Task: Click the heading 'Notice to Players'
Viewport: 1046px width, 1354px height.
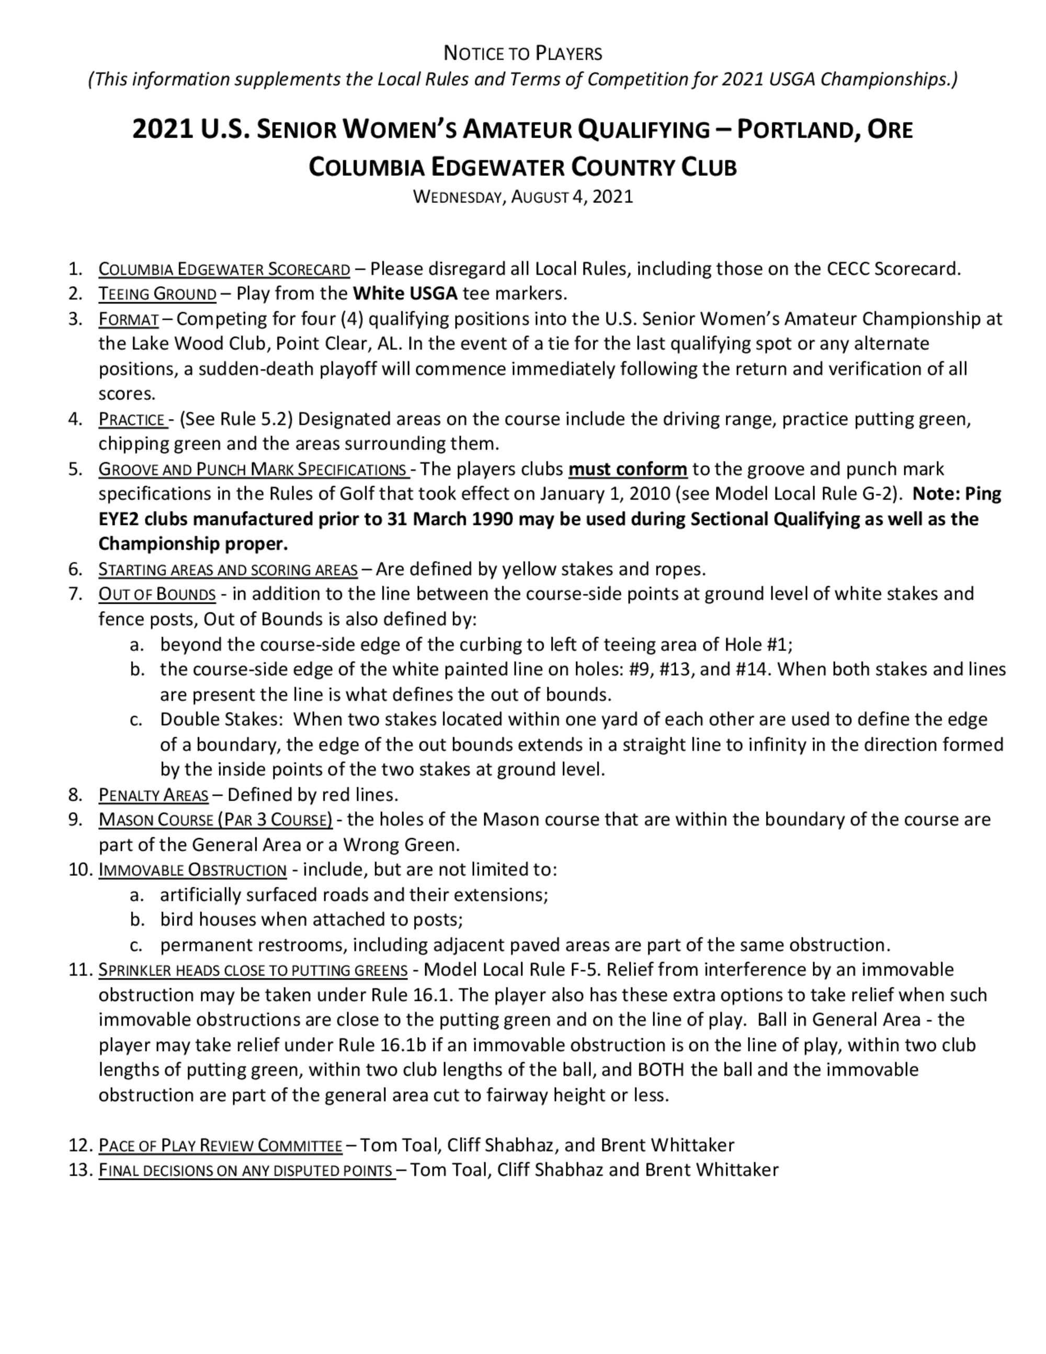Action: pos(522,54)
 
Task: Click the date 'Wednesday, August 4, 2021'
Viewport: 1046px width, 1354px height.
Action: pos(522,197)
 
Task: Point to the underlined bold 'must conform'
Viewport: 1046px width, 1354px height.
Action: pos(627,469)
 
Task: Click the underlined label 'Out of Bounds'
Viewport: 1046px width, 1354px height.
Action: pos(157,594)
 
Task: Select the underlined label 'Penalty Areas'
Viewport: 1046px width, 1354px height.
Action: pos(153,795)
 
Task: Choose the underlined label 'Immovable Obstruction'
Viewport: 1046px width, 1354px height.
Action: pos(192,870)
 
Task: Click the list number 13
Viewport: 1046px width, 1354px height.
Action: pos(80,1170)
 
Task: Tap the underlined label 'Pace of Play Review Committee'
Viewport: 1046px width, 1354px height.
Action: pos(220,1145)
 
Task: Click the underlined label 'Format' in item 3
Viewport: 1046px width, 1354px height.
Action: pos(128,319)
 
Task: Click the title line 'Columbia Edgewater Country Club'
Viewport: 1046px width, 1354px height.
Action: pos(522,167)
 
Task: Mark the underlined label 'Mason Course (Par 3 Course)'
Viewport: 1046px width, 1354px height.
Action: pos(215,820)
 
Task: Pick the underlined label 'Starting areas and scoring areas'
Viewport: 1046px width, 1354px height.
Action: pos(228,569)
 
